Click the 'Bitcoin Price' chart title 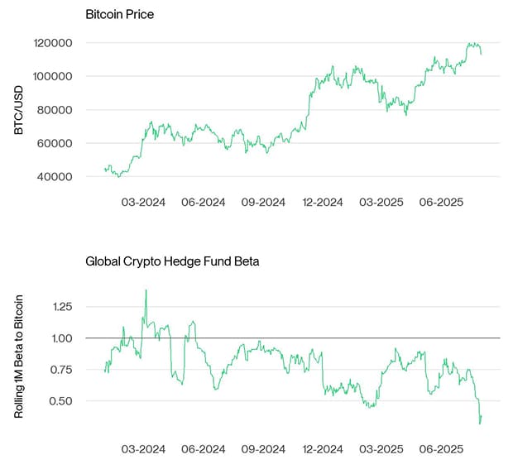(x=120, y=15)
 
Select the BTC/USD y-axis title (x=20, y=109)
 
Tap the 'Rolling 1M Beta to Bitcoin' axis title (x=20, y=353)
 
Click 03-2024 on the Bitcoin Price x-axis (x=143, y=202)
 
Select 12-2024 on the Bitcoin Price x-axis (x=323, y=202)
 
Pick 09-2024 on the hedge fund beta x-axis (x=262, y=449)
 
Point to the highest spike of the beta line (x=146, y=290)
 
